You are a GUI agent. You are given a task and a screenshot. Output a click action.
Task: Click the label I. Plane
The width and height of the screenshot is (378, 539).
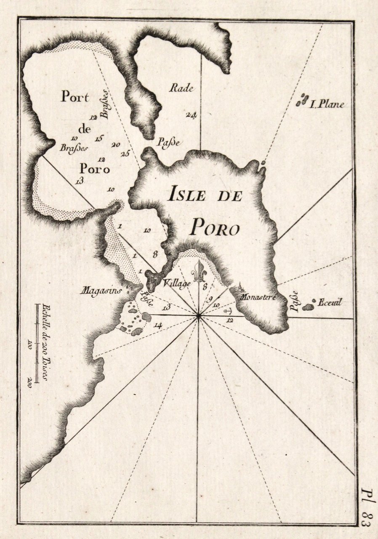(327, 104)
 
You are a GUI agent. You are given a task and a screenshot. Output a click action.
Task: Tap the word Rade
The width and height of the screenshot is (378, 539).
(181, 88)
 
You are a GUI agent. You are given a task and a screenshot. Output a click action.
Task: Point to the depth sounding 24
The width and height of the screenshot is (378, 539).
(192, 115)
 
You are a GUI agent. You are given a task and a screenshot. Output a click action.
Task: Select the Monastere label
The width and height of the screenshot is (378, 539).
(257, 296)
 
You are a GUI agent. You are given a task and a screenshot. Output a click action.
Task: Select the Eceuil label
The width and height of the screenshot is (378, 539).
(331, 302)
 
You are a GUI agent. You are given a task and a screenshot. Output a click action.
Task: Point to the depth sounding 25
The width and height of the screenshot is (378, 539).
(125, 153)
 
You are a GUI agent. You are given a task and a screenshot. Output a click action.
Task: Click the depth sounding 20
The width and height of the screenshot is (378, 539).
(116, 144)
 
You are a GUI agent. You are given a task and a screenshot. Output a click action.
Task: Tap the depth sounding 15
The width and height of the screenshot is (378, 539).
(99, 138)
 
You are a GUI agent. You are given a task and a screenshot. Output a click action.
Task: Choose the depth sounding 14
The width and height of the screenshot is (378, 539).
(158, 325)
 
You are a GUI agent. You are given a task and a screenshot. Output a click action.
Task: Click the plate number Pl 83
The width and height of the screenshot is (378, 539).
(366, 507)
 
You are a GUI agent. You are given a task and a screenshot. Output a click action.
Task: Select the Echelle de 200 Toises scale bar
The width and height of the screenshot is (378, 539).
(38, 343)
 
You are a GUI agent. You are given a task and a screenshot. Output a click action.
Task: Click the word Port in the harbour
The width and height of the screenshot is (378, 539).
(75, 97)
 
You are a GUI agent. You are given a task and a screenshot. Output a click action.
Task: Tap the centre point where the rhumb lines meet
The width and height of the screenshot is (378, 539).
(198, 315)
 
